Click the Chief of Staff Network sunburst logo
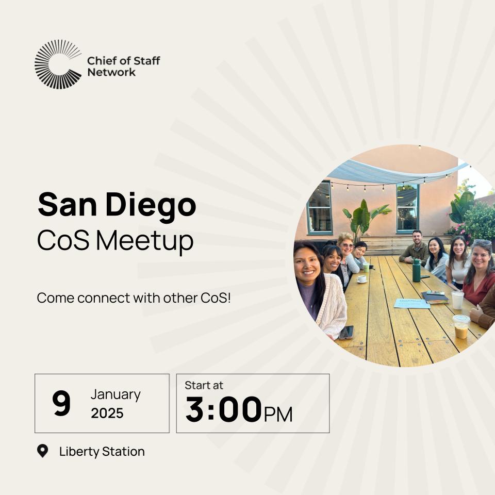pyautogui.click(x=58, y=64)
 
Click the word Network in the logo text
pyautogui.click(x=111, y=72)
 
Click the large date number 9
pyautogui.click(x=61, y=404)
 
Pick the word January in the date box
pyautogui.click(x=115, y=394)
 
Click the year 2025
pyautogui.click(x=107, y=414)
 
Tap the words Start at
pyautogui.click(x=204, y=385)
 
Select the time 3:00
pyautogui.click(x=223, y=410)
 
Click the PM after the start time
pyautogui.click(x=278, y=414)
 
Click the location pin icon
pyautogui.click(x=43, y=451)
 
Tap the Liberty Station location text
pyautogui.click(x=102, y=452)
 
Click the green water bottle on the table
pyautogui.click(x=416, y=270)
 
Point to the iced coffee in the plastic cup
pyautogui.click(x=461, y=327)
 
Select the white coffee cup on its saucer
pyautogui.click(x=362, y=279)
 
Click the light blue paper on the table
pyautogui.click(x=411, y=303)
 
